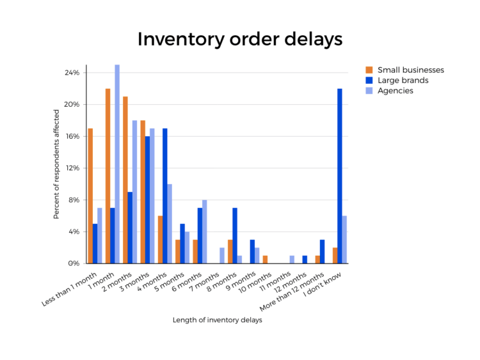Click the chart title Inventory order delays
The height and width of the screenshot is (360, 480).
(240, 39)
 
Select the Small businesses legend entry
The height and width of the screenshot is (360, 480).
(410, 70)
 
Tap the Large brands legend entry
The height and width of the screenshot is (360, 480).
(403, 81)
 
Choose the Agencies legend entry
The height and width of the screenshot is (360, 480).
(395, 91)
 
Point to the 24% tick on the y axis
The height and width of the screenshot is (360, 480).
(72, 73)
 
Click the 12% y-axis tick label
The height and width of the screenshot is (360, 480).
(72, 168)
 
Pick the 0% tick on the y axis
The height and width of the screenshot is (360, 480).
(74, 263)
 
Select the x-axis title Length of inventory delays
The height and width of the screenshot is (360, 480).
(217, 320)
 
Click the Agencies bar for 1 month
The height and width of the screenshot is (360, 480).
(117, 164)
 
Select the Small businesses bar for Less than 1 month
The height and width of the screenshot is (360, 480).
(90, 196)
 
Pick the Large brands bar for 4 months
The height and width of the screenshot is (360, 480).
(165, 196)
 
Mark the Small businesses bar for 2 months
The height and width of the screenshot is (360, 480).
(125, 180)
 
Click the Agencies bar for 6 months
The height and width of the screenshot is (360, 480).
(205, 231)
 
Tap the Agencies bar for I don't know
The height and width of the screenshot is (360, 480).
(344, 239)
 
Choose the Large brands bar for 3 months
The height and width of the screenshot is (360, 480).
(147, 200)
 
